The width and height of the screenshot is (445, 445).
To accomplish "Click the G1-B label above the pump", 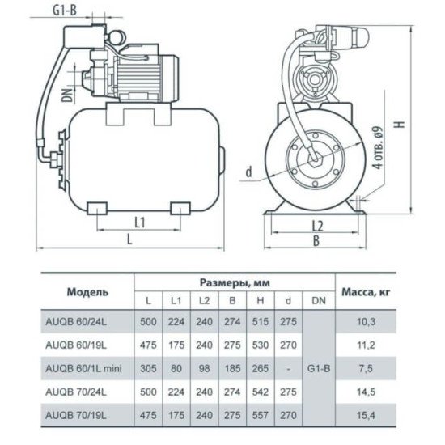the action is pyautogui.click(x=65, y=11).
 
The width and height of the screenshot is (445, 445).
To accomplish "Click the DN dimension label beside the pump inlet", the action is pyautogui.click(x=68, y=95).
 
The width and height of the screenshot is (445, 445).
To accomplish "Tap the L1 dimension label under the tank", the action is pyautogui.click(x=139, y=222).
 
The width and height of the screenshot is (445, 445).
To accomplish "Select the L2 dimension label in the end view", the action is pyautogui.click(x=318, y=227).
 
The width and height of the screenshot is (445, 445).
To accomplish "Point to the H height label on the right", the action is pyautogui.click(x=400, y=124).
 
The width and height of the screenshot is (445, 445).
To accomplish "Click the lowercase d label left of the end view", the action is pyautogui.click(x=248, y=172).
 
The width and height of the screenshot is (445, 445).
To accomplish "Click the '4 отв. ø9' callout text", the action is pyautogui.click(x=379, y=148).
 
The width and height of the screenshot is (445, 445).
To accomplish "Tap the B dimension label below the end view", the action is pyautogui.click(x=316, y=241).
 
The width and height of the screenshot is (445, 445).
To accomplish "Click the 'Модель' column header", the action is pyautogui.click(x=87, y=292).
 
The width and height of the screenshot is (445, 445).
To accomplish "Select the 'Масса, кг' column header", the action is pyautogui.click(x=366, y=292).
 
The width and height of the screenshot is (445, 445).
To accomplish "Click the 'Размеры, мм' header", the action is pyautogui.click(x=235, y=282).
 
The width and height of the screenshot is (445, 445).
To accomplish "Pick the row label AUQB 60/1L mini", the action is pyautogui.click(x=83, y=368).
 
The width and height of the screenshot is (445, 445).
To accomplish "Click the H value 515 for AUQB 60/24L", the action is pyautogui.click(x=261, y=322).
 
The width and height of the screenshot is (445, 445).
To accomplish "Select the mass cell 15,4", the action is pyautogui.click(x=366, y=416).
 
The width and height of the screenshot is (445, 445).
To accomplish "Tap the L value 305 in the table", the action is pyautogui.click(x=148, y=368).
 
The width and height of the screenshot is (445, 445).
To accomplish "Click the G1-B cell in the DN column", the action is pyautogui.click(x=319, y=368).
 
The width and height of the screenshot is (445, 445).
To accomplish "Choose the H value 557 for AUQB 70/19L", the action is pyautogui.click(x=261, y=416).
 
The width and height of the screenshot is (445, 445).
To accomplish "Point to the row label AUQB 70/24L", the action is pyautogui.click(x=76, y=392).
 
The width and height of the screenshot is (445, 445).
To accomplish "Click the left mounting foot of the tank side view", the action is pyautogui.click(x=97, y=208).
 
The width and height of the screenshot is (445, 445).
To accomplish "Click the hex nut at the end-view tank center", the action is pyautogui.click(x=316, y=160).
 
